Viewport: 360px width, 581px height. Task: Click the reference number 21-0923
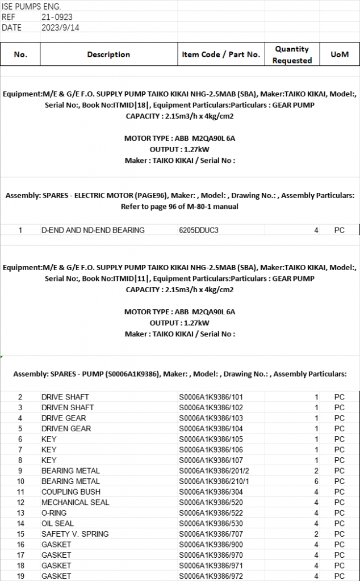[57, 18]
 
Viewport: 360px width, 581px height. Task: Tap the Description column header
[108, 55]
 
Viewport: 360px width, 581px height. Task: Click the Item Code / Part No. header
[221, 55]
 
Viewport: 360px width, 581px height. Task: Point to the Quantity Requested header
[292, 55]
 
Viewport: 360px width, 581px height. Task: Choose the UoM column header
[339, 55]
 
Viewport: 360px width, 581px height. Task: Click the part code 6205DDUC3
[199, 230]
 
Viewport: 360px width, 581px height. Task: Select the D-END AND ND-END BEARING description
[93, 230]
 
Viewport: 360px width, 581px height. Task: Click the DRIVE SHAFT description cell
[65, 397]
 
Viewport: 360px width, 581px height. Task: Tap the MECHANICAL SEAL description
[76, 503]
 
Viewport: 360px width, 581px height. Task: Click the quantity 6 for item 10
[316, 482]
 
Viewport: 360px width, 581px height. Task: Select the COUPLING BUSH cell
[71, 492]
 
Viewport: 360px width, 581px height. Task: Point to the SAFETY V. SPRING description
[75, 534]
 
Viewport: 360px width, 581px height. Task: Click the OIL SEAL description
[57, 524]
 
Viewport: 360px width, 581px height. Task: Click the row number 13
[20, 513]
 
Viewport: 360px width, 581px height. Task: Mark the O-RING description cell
[54, 513]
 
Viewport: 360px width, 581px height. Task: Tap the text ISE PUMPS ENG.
[31, 7]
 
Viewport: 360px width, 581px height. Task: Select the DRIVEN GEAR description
[66, 429]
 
